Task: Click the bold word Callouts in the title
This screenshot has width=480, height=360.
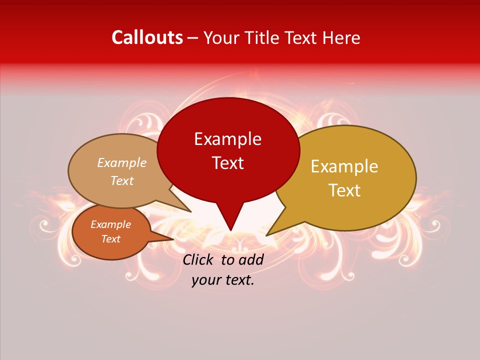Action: pyautogui.click(x=147, y=37)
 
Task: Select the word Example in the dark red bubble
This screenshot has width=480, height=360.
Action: pyautogui.click(x=227, y=139)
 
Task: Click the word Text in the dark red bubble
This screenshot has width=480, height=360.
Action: pyautogui.click(x=227, y=162)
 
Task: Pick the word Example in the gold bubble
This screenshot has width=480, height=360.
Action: pyautogui.click(x=344, y=166)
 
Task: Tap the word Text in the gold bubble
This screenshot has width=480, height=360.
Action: pyautogui.click(x=344, y=190)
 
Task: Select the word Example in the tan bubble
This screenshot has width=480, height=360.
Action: pyautogui.click(x=121, y=163)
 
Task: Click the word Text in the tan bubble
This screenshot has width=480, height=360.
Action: pyautogui.click(x=121, y=180)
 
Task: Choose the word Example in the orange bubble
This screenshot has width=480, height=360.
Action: pyautogui.click(x=110, y=224)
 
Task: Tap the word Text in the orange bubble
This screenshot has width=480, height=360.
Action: pyautogui.click(x=110, y=239)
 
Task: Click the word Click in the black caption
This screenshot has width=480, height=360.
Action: pyautogui.click(x=198, y=259)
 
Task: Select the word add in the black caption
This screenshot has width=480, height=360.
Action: pyautogui.click(x=251, y=259)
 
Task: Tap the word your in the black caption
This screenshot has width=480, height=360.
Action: pyautogui.click(x=205, y=280)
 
